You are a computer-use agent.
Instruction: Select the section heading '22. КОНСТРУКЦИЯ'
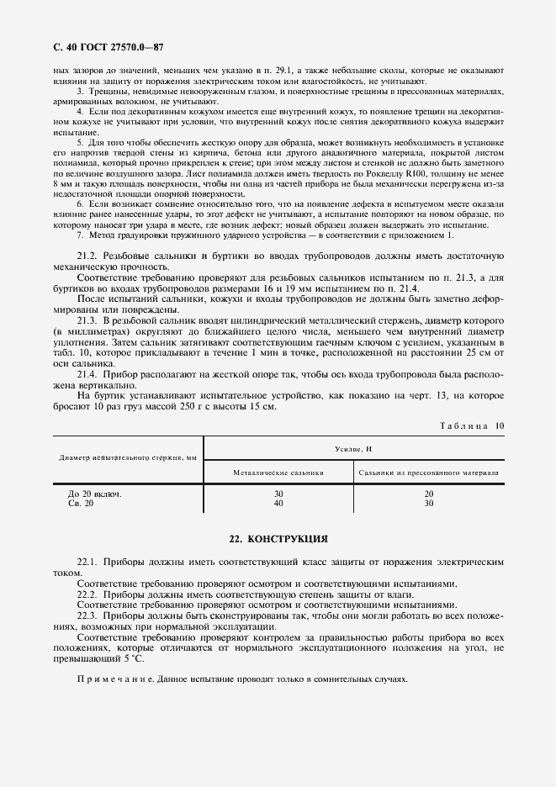tap(278, 538)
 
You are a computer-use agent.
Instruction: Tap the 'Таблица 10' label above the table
tap(472, 426)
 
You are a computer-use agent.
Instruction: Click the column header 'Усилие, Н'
tap(353, 449)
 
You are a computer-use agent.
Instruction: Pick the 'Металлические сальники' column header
tap(278, 473)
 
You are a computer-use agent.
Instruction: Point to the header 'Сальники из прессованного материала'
tap(427, 473)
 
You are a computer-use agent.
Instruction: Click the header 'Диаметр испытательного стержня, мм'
tap(128, 458)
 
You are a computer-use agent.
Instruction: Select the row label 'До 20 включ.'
tap(94, 494)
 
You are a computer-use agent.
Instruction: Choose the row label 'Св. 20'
tap(81, 503)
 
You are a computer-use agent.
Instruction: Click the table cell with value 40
tap(278, 503)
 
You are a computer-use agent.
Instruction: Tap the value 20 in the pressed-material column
tap(428, 494)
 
